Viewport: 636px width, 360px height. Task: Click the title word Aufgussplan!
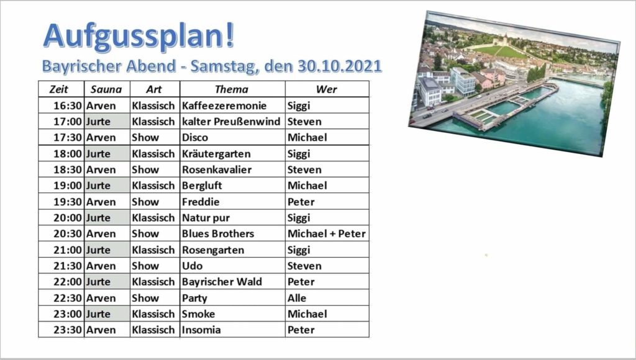[139, 37]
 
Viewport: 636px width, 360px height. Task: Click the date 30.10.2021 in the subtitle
[340, 66]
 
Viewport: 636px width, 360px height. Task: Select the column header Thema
[232, 89]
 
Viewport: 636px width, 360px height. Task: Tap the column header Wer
[327, 89]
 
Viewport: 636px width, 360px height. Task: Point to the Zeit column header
[59, 89]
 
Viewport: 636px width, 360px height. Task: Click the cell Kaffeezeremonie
[224, 106]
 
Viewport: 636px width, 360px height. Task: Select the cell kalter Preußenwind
[231, 122]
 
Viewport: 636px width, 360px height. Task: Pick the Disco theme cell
[195, 138]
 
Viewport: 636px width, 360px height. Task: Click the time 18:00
[68, 154]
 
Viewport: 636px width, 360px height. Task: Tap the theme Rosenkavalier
[217, 170]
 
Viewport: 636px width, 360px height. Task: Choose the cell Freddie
[201, 202]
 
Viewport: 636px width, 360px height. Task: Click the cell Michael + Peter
[327, 234]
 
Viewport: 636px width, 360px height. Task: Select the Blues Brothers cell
[218, 234]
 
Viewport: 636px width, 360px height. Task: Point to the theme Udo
[193, 266]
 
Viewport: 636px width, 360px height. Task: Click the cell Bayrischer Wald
[222, 282]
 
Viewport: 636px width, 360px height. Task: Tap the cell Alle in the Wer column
[297, 298]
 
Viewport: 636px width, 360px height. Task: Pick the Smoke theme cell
[198, 314]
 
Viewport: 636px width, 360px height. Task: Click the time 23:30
[68, 330]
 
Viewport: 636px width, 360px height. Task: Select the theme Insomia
[201, 330]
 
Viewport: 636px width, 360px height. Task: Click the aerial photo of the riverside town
[514, 83]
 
